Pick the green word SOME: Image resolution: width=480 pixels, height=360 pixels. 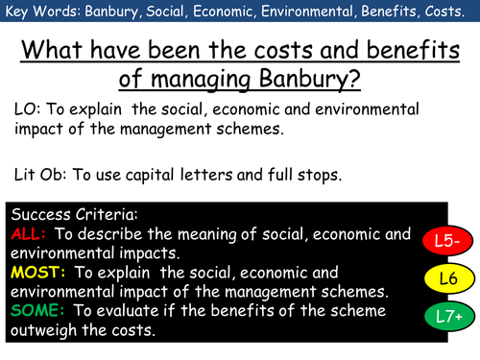[x=36, y=309]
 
